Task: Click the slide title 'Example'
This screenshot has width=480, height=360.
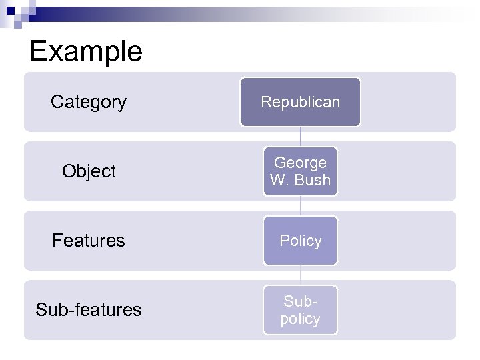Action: [86, 51]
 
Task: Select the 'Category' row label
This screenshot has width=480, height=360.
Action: [89, 102]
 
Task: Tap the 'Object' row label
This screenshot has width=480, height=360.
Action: [89, 171]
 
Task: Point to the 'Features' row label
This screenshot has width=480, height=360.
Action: [89, 241]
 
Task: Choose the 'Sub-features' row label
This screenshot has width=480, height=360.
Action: [89, 310]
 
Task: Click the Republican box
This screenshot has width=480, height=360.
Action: [300, 102]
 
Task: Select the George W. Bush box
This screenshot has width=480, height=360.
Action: [300, 171]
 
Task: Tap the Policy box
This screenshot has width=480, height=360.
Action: [300, 241]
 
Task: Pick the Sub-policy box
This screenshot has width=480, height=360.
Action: [300, 310]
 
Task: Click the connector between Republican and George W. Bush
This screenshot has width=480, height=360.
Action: [300, 137]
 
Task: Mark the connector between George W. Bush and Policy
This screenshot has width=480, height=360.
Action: [300, 206]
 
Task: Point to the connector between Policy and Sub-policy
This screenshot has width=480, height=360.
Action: [300, 275]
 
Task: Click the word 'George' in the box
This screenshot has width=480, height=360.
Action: [300, 163]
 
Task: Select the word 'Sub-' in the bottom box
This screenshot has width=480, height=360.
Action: [300, 301]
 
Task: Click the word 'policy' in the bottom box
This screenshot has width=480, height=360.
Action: [300, 319]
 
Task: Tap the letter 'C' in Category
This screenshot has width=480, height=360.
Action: [57, 102]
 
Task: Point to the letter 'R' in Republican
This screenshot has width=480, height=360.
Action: [265, 102]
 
